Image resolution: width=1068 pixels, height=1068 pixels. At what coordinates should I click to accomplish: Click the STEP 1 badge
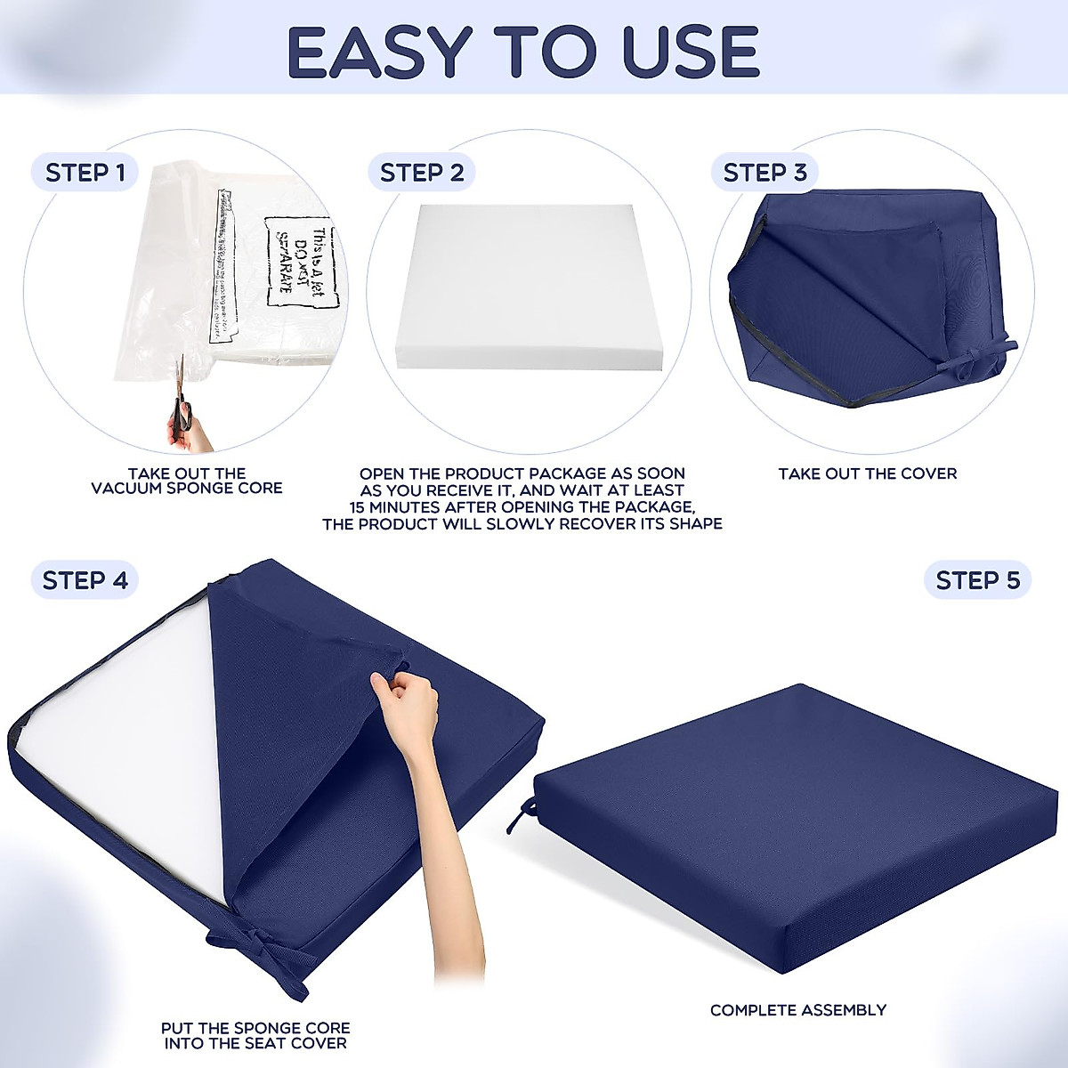click(85, 173)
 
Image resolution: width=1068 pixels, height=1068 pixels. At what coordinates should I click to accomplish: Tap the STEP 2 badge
click(422, 173)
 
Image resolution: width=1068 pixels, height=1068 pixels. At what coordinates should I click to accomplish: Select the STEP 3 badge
click(765, 173)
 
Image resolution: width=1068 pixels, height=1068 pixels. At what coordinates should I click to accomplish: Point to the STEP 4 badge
click(85, 580)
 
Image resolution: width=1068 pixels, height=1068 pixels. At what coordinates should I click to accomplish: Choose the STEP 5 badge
click(977, 580)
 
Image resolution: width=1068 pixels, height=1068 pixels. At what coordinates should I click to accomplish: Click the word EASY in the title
click(380, 52)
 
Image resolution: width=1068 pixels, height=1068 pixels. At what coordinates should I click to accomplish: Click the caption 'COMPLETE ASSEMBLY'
click(798, 1010)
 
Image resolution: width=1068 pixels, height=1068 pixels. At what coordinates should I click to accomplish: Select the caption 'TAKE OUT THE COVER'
click(868, 474)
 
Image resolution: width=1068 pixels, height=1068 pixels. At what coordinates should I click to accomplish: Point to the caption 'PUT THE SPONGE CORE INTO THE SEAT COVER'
click(255, 1035)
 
